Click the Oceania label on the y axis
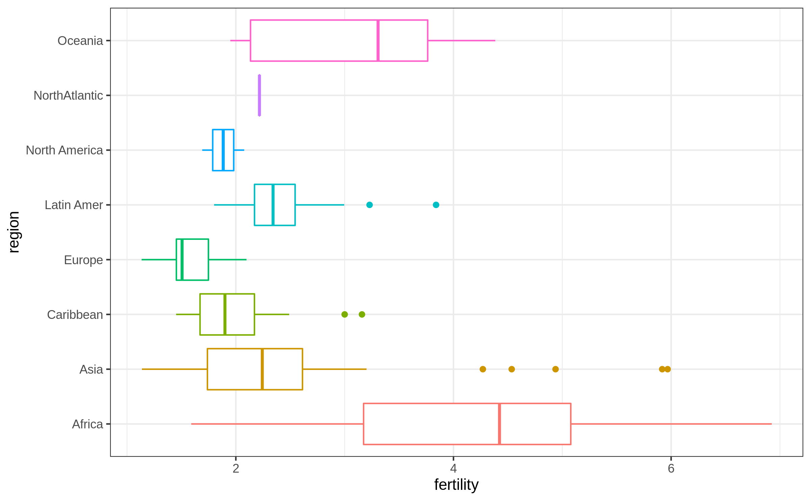pos(80,41)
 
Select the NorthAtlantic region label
pos(68,96)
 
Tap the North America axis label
pos(64,150)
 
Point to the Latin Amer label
pos(74,205)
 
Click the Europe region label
pos(83,260)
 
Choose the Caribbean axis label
pos(75,315)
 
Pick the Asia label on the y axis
pos(91,370)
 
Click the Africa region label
pos(87,424)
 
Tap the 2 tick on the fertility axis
pos(236,469)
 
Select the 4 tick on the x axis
pos(453,469)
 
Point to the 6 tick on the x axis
pos(671,469)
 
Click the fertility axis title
pos(456,485)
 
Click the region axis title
pos(14,232)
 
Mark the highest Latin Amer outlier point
pos(436,205)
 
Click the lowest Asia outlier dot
pos(483,369)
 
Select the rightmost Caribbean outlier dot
pos(362,315)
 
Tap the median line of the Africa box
pos(499,424)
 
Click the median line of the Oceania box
pos(378,41)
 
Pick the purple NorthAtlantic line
pos(259,95)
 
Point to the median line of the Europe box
pos(182,259)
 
